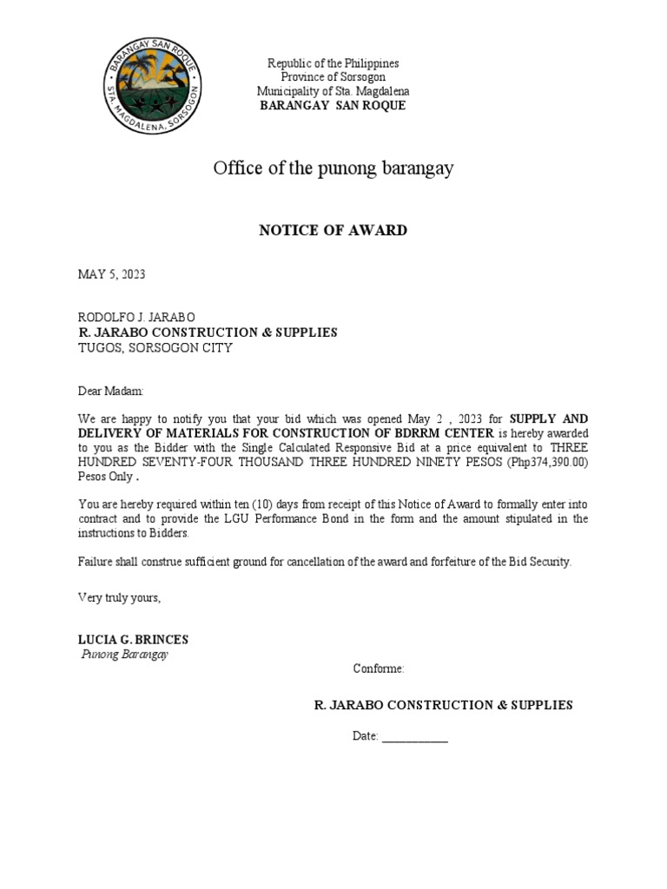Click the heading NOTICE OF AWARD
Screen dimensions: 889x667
point(333,230)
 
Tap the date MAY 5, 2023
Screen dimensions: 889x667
point(112,274)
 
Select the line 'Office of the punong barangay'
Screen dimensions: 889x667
point(333,168)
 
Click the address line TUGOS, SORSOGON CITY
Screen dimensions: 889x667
point(155,347)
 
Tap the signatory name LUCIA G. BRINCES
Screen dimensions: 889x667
point(133,640)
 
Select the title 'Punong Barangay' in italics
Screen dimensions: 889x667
point(124,655)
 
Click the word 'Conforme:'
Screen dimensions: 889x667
point(378,668)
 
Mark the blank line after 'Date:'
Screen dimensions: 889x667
point(414,736)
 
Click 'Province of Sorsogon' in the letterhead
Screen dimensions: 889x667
point(333,77)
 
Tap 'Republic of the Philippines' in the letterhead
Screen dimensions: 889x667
point(333,63)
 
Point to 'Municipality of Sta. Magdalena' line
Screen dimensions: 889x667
point(333,91)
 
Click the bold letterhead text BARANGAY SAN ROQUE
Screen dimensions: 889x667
point(333,105)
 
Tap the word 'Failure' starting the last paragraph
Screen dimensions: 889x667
point(96,561)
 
